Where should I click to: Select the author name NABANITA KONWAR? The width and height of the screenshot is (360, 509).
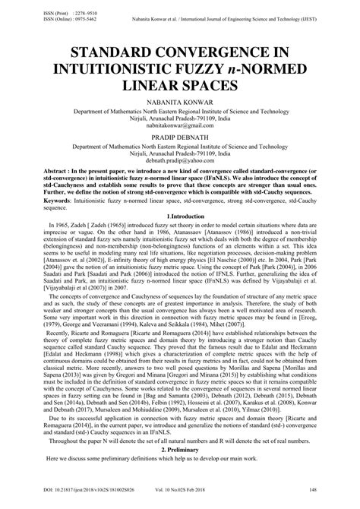pos(180,102)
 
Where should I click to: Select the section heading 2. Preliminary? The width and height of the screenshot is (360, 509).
pos(180,449)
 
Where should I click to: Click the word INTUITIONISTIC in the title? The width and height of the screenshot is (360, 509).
pos(126,68)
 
